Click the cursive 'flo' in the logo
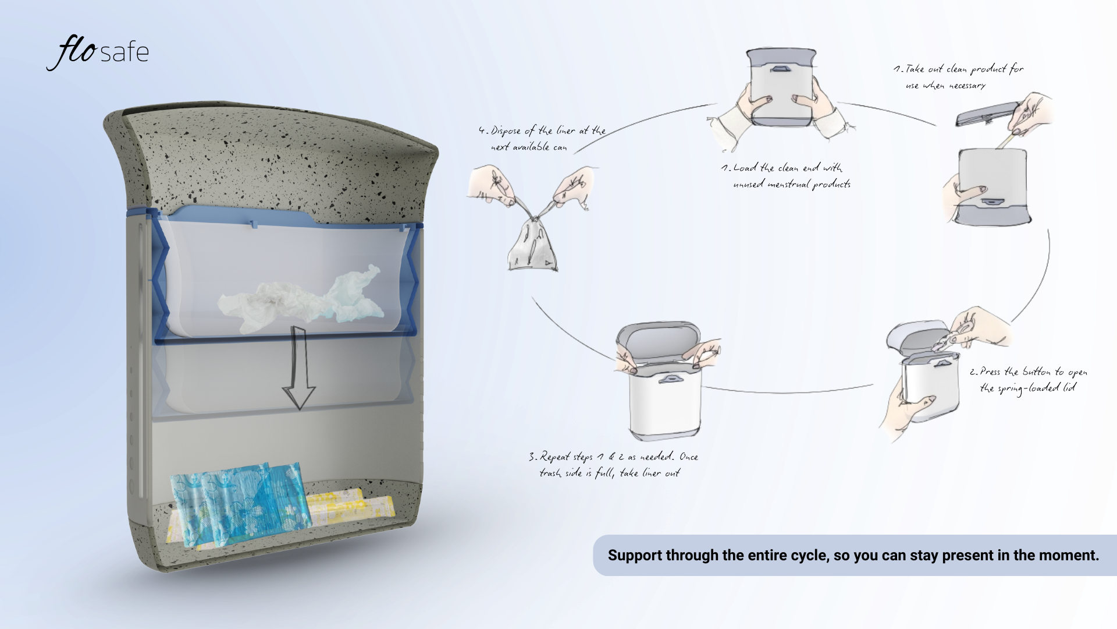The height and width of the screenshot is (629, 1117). [x=73, y=52]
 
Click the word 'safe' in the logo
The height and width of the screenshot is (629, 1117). [x=124, y=53]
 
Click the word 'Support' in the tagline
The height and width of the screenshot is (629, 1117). [x=635, y=556]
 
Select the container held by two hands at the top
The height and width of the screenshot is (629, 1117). [x=780, y=87]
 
